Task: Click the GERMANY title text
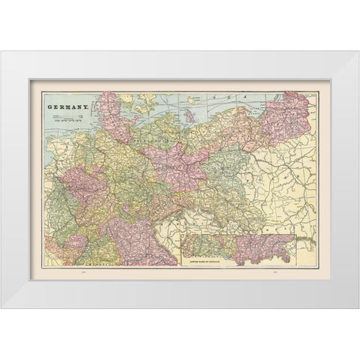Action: coord(69,107)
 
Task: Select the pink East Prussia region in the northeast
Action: coord(289,116)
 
